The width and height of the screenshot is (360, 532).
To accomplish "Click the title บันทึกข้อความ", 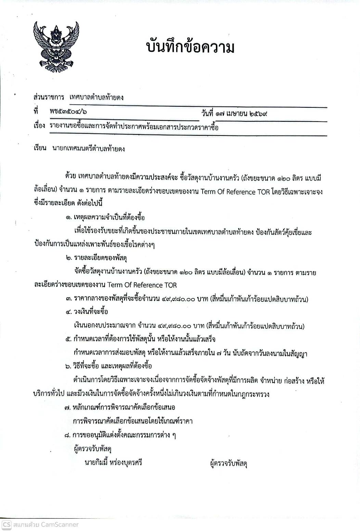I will point(190,48).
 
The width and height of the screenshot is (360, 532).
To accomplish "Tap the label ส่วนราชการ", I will point(49,97).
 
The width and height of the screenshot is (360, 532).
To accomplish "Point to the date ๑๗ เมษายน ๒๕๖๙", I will point(244,113).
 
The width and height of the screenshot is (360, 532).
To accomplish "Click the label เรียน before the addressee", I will point(40,148).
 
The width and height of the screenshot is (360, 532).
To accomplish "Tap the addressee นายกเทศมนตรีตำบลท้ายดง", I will point(89,149).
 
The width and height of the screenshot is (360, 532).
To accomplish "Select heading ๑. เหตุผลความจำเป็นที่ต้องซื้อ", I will point(105,218).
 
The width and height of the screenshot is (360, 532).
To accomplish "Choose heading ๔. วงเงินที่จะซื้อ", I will point(87,312).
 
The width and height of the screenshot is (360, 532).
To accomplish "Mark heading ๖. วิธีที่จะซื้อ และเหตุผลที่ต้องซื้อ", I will point(108,366).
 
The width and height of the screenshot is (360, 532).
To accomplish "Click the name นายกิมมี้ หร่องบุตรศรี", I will point(113,463).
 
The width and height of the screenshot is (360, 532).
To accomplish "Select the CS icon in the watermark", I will point(7,524).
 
